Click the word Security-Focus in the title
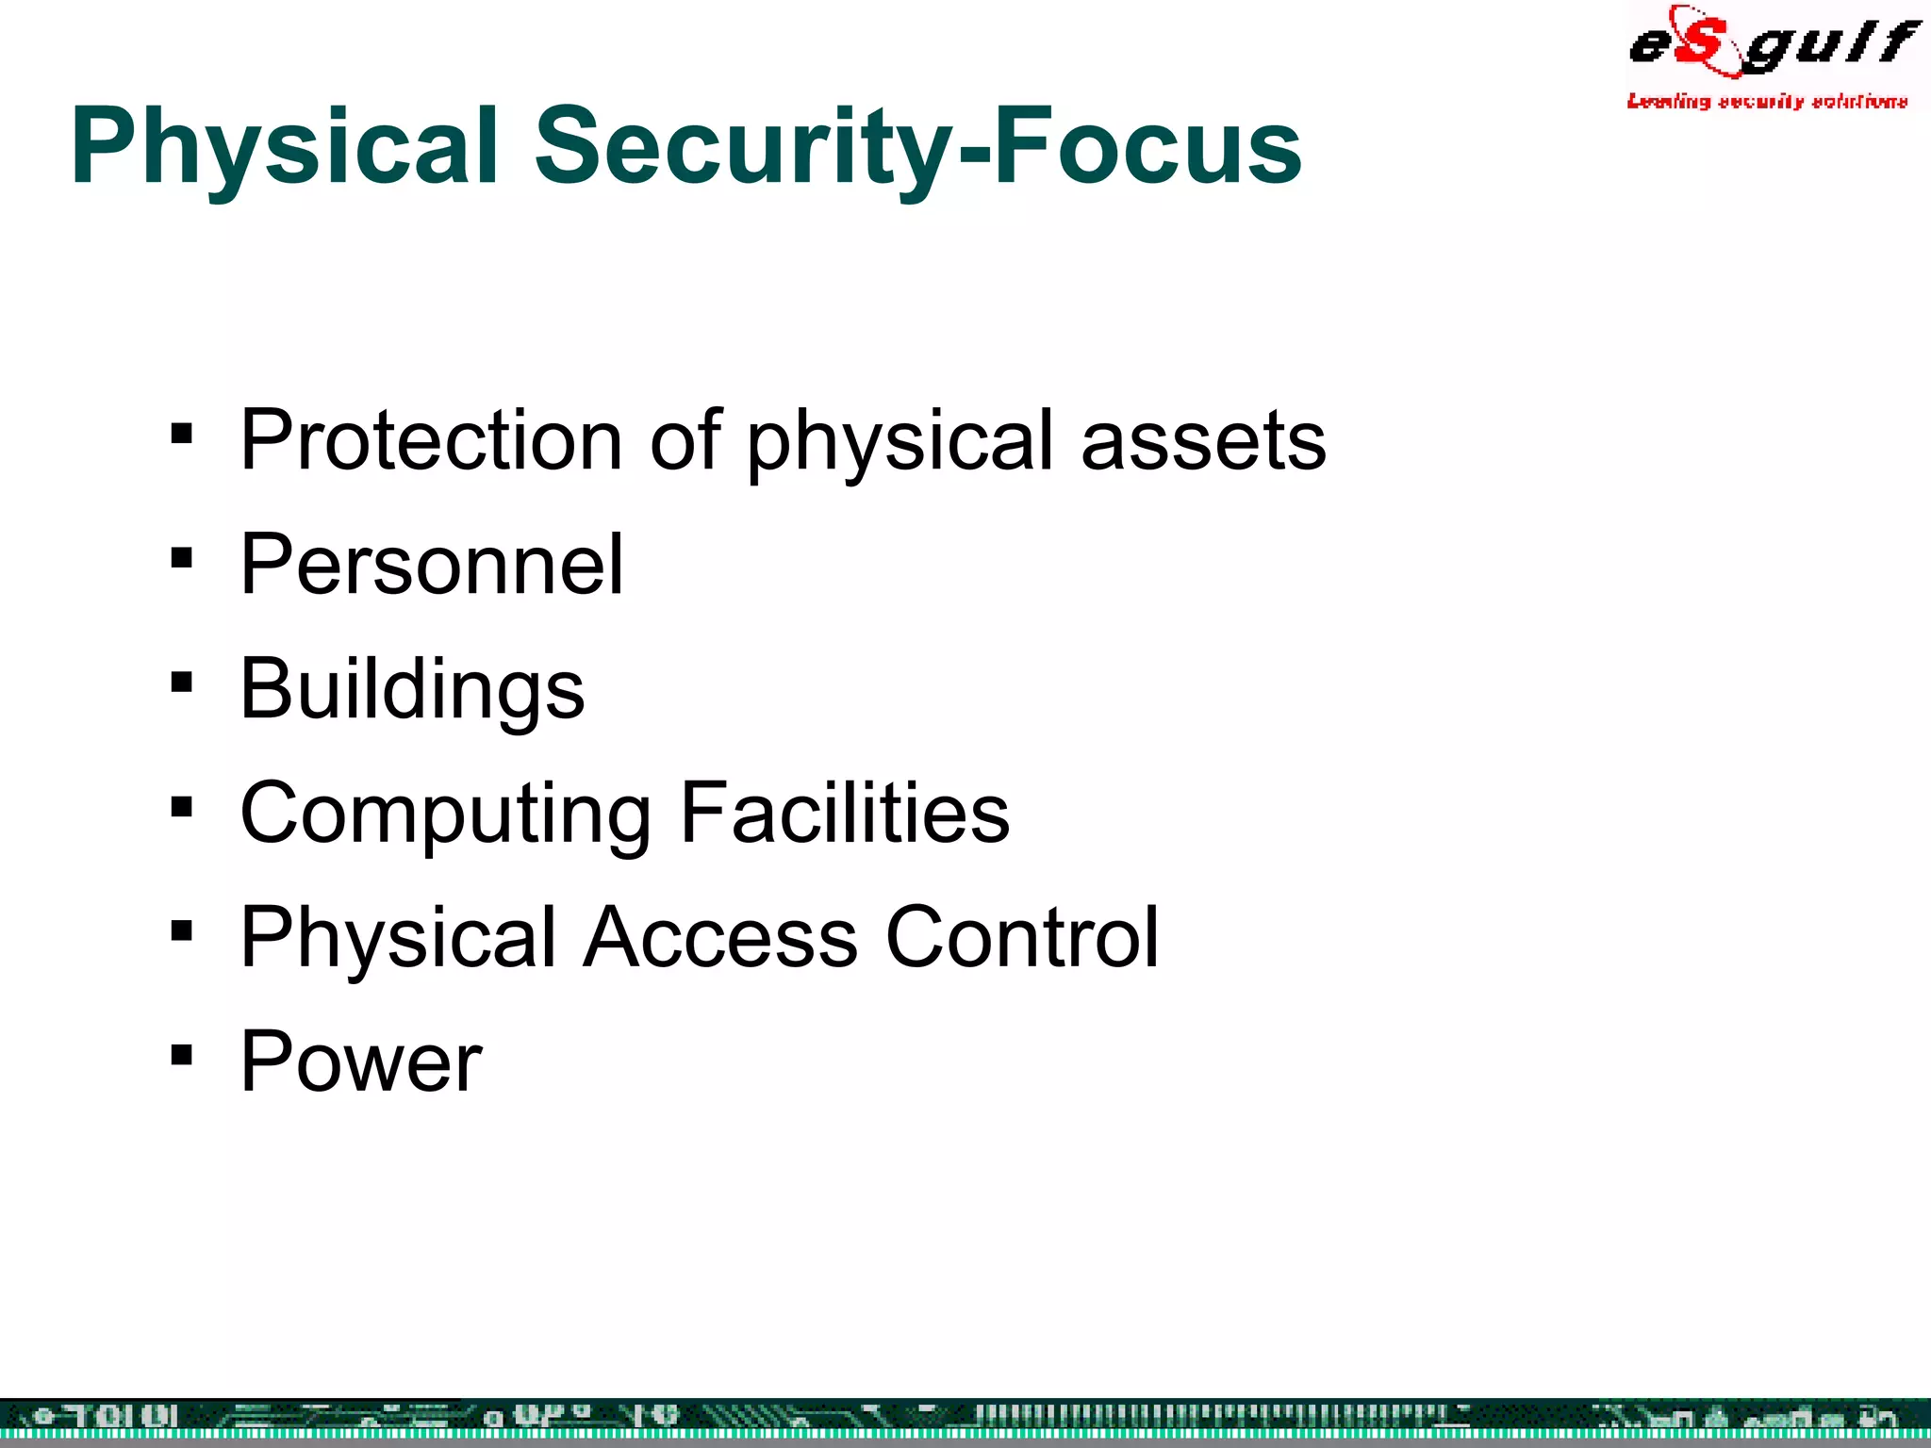click(x=917, y=146)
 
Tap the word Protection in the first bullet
click(x=430, y=440)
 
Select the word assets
click(x=1203, y=442)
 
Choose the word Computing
click(x=445, y=814)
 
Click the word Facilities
click(x=845, y=813)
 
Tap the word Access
click(x=720, y=937)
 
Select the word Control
click(x=1022, y=937)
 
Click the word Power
click(x=360, y=1061)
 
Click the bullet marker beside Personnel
click(x=182, y=559)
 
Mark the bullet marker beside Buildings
click(x=182, y=683)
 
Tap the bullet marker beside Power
click(x=182, y=1055)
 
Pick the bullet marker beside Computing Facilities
click(x=182, y=807)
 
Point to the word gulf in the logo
click(x=1829, y=45)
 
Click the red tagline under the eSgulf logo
click(x=1766, y=101)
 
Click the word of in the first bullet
click(x=685, y=440)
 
